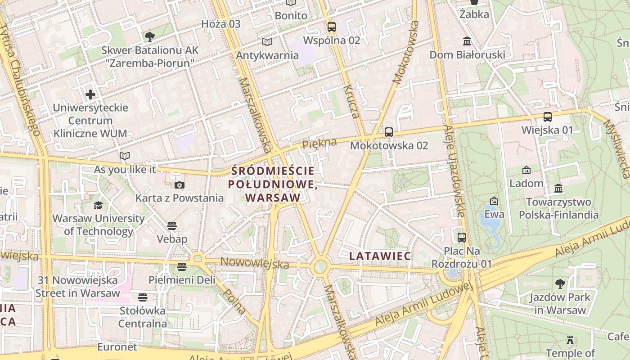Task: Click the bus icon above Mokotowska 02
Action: (x=389, y=132)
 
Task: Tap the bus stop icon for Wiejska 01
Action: (x=548, y=117)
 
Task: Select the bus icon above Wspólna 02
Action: (x=332, y=27)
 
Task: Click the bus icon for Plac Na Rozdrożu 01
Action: (x=462, y=237)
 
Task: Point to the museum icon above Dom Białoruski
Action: (x=467, y=41)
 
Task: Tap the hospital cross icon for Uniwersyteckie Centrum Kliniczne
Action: (x=90, y=94)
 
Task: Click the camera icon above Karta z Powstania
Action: (x=180, y=185)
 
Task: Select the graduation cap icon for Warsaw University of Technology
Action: (x=98, y=206)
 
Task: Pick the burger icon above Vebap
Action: (x=172, y=225)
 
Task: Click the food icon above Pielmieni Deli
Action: (x=182, y=267)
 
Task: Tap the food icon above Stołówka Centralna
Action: (x=143, y=297)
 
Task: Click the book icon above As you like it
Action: (x=125, y=156)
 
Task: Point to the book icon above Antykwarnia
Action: (x=267, y=42)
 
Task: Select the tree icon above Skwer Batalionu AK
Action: (x=150, y=37)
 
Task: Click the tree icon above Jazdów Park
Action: (x=560, y=284)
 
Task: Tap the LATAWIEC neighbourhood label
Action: (x=380, y=256)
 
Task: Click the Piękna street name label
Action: (x=319, y=144)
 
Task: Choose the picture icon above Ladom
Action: (x=526, y=170)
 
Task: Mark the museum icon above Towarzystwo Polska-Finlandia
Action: (x=558, y=189)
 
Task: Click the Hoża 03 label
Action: (x=221, y=24)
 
